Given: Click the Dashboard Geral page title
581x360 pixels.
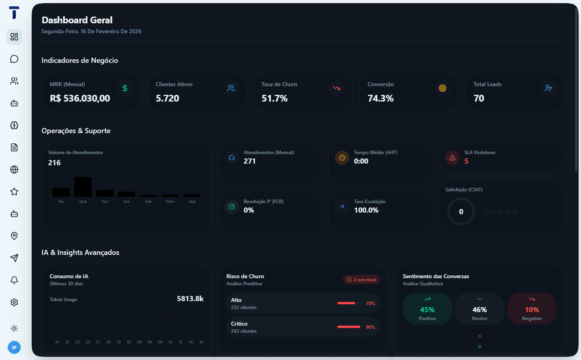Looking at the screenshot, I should pos(77,20).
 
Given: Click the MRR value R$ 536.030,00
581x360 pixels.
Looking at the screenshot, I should pos(80,98).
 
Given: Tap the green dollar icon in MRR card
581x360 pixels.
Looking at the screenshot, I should pos(125,88).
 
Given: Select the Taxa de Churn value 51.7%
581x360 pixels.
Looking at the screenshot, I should pos(274,98).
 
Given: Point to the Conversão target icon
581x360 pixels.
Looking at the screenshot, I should pos(443,88).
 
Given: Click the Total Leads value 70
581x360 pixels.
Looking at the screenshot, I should pos(479,98).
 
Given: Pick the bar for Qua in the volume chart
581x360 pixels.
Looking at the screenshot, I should pos(83,187).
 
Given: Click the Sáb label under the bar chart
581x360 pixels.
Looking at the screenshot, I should pos(148,202).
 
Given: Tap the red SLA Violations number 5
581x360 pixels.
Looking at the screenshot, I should pos(466,161).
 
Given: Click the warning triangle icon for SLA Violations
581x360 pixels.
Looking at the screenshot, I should pos(452,158).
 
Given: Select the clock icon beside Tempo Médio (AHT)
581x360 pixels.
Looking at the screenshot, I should pos(342,158).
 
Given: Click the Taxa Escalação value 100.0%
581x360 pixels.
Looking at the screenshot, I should pos(366,210).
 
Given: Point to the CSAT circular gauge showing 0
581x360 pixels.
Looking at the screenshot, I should pos(461,212).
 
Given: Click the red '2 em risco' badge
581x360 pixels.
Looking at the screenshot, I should pos(361,279).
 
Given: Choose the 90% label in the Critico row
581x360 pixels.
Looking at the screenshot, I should pos(370,327).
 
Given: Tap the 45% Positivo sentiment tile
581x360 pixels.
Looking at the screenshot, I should pos(427,309).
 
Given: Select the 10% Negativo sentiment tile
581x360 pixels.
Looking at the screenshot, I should pos(532,309).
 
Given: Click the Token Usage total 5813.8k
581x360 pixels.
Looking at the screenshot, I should pos(190,299).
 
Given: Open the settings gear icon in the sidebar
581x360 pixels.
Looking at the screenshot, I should pos(14,302).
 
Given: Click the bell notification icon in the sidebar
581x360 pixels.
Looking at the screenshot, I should pos(14,280).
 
